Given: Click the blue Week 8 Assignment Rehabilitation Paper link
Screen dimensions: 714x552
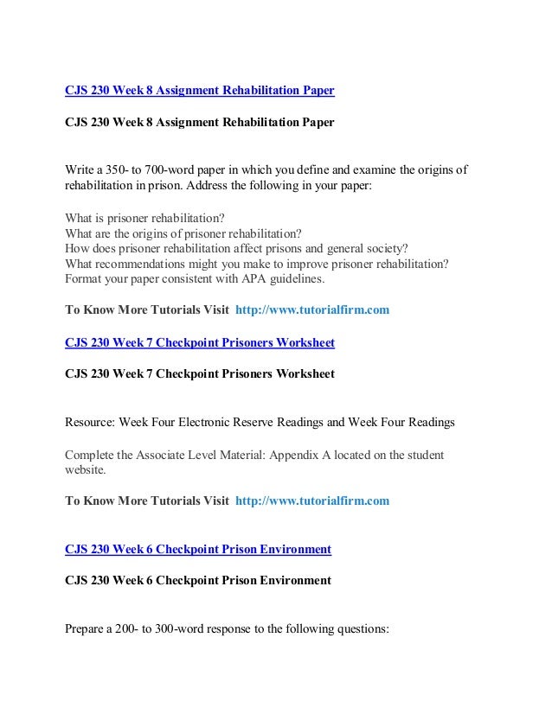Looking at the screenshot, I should click(200, 89).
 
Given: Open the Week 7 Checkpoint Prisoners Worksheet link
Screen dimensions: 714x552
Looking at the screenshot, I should click(200, 343).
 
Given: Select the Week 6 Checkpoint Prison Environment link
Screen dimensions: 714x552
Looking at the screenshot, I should click(198, 549).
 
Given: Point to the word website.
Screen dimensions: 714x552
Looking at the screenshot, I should click(84, 470).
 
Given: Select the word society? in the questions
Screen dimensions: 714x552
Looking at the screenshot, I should click(383, 248).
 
